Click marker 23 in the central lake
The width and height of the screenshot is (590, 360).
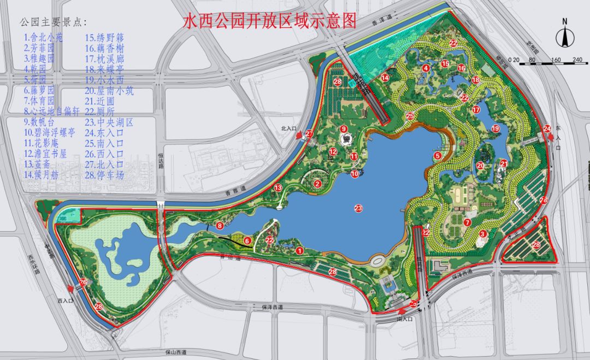(358, 208)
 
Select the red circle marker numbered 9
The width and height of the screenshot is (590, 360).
(344, 129)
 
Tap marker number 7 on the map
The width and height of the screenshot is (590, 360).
(467, 222)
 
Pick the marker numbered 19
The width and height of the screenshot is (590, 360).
(495, 129)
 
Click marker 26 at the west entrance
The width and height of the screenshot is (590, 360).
(83, 282)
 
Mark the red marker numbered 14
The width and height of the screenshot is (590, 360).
(385, 78)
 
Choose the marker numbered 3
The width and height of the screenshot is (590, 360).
(482, 234)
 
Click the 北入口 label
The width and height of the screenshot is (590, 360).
(288, 129)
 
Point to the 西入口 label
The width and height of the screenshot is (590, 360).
(64, 300)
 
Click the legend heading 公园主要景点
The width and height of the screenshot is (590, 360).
(52, 22)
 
